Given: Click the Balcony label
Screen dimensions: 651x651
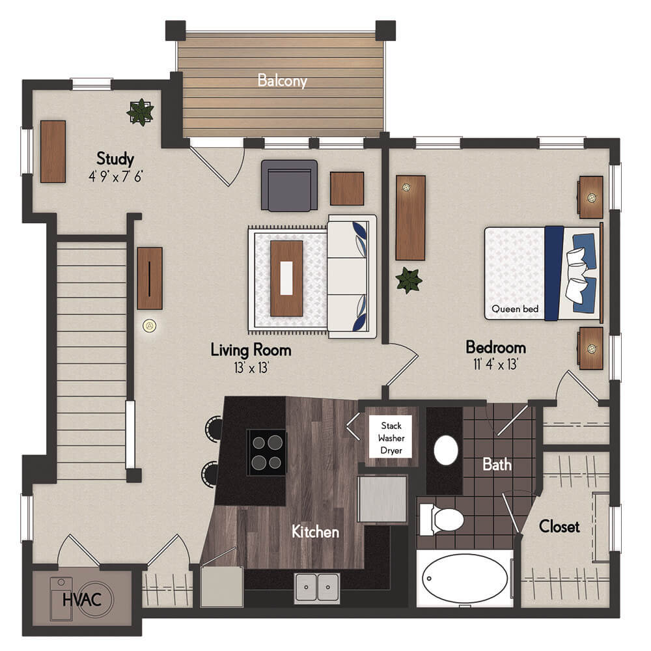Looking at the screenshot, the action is pyautogui.click(x=282, y=80).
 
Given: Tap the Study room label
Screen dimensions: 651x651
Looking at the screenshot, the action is pyautogui.click(x=115, y=158).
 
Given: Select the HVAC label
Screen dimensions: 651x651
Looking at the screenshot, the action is pyautogui.click(x=82, y=600).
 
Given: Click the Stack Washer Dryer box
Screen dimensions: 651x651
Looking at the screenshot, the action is pyautogui.click(x=391, y=437).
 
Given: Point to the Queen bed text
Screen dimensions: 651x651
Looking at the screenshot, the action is pyautogui.click(x=515, y=309).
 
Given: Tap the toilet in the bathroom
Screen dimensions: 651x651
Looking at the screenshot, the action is pyautogui.click(x=441, y=519).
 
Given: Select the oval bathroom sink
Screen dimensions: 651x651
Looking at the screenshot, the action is pyautogui.click(x=446, y=450).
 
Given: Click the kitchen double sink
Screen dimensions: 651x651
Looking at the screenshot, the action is pyautogui.click(x=317, y=587).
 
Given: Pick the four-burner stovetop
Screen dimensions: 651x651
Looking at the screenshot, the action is pyautogui.click(x=266, y=452).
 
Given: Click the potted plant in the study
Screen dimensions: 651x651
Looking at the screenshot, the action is pyautogui.click(x=141, y=112).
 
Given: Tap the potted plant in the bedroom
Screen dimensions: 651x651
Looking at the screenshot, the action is pyautogui.click(x=409, y=280).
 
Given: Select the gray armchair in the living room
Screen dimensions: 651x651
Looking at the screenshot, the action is pyautogui.click(x=290, y=186).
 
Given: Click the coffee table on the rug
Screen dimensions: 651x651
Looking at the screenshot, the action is pyautogui.click(x=286, y=278).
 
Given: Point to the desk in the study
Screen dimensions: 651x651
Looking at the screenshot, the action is pyautogui.click(x=53, y=152).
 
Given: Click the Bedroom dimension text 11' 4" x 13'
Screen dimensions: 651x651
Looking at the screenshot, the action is pyautogui.click(x=495, y=364).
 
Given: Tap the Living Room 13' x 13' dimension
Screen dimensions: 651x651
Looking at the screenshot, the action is pyautogui.click(x=251, y=367).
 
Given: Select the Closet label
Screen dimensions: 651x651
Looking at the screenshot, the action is pyautogui.click(x=559, y=527).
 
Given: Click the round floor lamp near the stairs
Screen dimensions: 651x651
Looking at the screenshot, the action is pyautogui.click(x=150, y=326).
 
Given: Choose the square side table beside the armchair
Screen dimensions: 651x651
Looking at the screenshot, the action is pyautogui.click(x=347, y=189).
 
